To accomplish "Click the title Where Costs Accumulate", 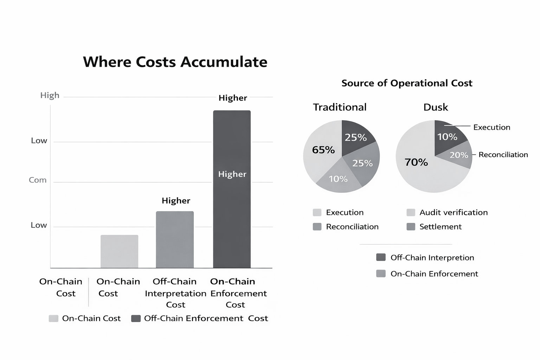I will (175, 62).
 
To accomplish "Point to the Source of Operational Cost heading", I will (407, 83).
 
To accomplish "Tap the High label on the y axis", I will (50, 95).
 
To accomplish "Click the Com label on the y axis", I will (38, 180).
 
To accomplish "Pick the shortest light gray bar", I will (119, 251).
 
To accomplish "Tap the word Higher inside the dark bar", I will (232, 174).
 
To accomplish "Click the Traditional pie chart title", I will (340, 107).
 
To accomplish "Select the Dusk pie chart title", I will (436, 107).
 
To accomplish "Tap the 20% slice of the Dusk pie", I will (458, 155).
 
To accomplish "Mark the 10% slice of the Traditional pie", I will (338, 179).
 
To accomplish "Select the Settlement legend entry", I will (440, 227).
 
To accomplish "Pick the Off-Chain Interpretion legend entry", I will (432, 258).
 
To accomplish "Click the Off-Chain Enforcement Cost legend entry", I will (206, 319).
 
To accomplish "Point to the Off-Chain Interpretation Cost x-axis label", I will (175, 293).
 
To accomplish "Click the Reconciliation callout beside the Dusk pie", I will (503, 155).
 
